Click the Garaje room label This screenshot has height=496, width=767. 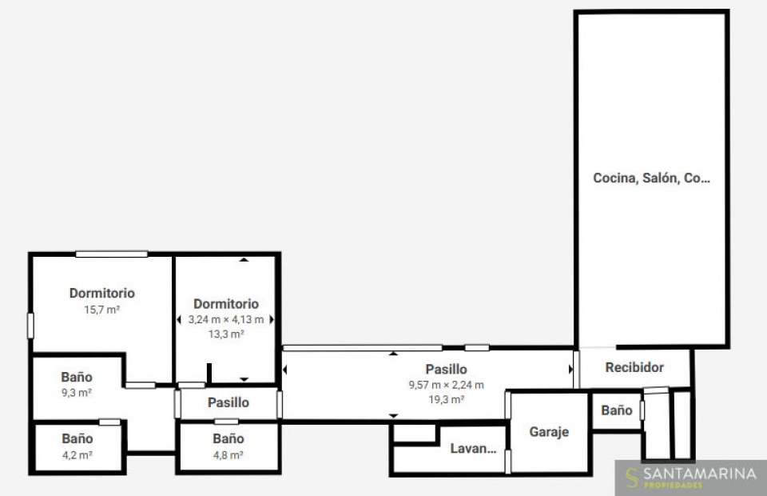[549, 432]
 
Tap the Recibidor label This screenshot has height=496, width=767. [634, 367]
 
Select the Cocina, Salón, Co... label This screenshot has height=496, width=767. [652, 178]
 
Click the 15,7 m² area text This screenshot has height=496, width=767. [101, 310]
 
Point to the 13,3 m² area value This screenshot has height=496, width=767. [226, 334]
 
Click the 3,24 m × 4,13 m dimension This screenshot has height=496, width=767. [226, 319]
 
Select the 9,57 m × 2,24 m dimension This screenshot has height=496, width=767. [446, 385]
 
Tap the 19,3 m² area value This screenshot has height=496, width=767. [446, 399]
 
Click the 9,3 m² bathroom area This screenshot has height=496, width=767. [77, 392]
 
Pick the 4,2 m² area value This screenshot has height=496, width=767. [77, 455]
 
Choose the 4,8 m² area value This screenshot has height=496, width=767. [228, 455]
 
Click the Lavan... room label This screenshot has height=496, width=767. [473, 449]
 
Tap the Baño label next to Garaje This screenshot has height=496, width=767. [616, 410]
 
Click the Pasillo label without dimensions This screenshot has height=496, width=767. [229, 402]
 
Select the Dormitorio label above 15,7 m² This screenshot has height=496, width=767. [101, 293]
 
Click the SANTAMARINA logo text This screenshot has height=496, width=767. [700, 474]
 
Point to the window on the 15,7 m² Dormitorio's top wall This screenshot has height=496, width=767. [112, 254]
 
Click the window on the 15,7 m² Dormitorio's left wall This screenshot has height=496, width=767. [30, 326]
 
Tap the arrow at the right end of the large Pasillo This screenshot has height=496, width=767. [570, 369]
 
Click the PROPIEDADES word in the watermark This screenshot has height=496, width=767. [673, 486]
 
